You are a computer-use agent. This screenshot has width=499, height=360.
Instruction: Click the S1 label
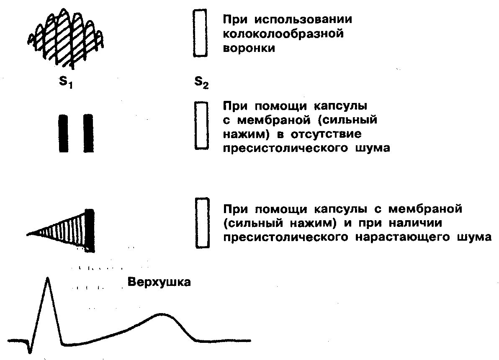[x=65, y=82]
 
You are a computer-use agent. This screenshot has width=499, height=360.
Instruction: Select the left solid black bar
[x=63, y=133]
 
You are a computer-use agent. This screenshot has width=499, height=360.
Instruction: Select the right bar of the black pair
[x=88, y=133]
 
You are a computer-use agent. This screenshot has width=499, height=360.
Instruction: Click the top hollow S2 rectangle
[x=200, y=33]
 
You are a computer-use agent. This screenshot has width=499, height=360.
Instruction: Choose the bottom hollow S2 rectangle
[x=202, y=223]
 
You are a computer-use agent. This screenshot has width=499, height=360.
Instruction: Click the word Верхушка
[x=159, y=282]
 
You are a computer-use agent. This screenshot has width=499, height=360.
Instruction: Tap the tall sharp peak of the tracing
[x=48, y=280]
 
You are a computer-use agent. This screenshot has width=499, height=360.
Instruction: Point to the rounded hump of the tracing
[x=161, y=315]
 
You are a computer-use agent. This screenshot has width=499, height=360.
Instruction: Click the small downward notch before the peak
[x=29, y=349]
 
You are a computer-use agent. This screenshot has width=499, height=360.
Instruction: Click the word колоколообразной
[x=283, y=34]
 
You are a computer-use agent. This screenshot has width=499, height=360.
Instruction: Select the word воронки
[x=248, y=48]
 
